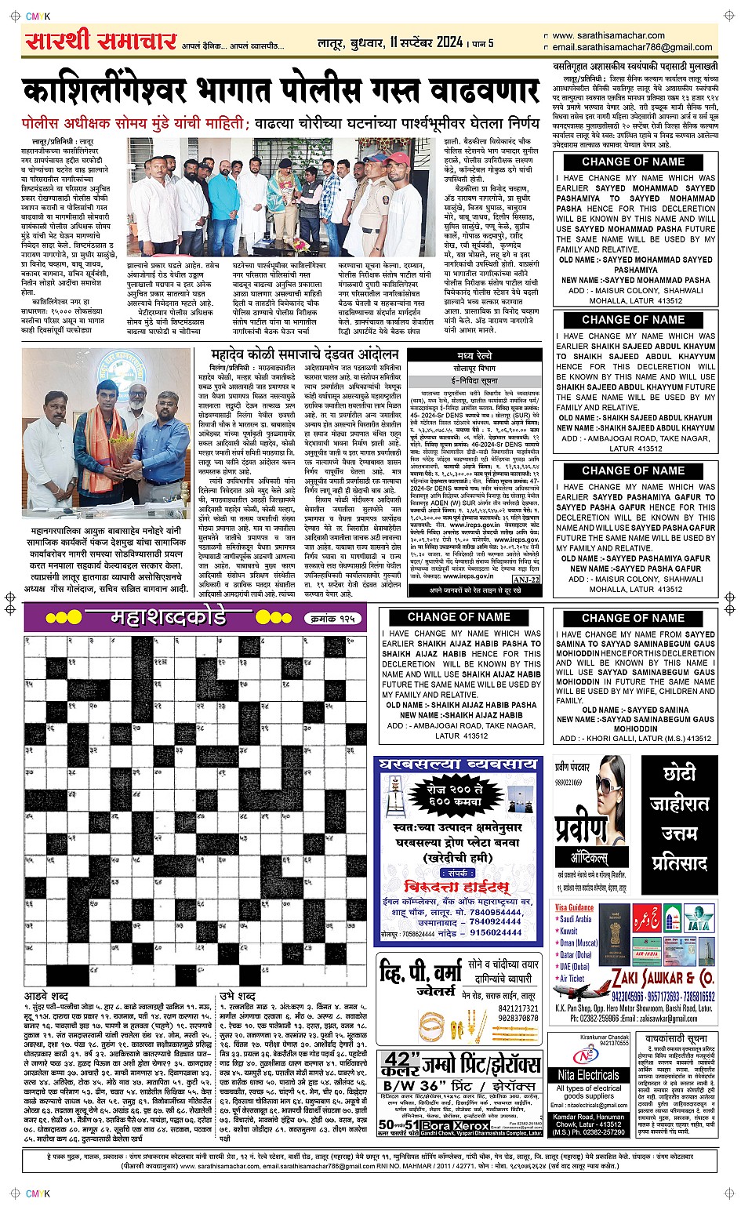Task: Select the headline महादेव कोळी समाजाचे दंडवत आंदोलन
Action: pyautogui.click(x=305, y=355)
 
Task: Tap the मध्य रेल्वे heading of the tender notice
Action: pyautogui.click(x=474, y=355)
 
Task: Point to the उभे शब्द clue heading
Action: pyautogui.click(x=236, y=996)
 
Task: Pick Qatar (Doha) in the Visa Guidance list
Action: pyautogui.click(x=576, y=955)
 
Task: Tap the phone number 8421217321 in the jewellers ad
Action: pyautogui.click(x=519, y=1008)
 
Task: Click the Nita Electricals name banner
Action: pyautogui.click(x=589, y=1075)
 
